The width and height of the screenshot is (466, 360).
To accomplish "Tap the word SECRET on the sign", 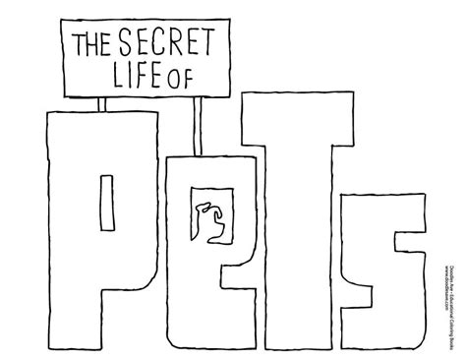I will pos(175,41).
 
